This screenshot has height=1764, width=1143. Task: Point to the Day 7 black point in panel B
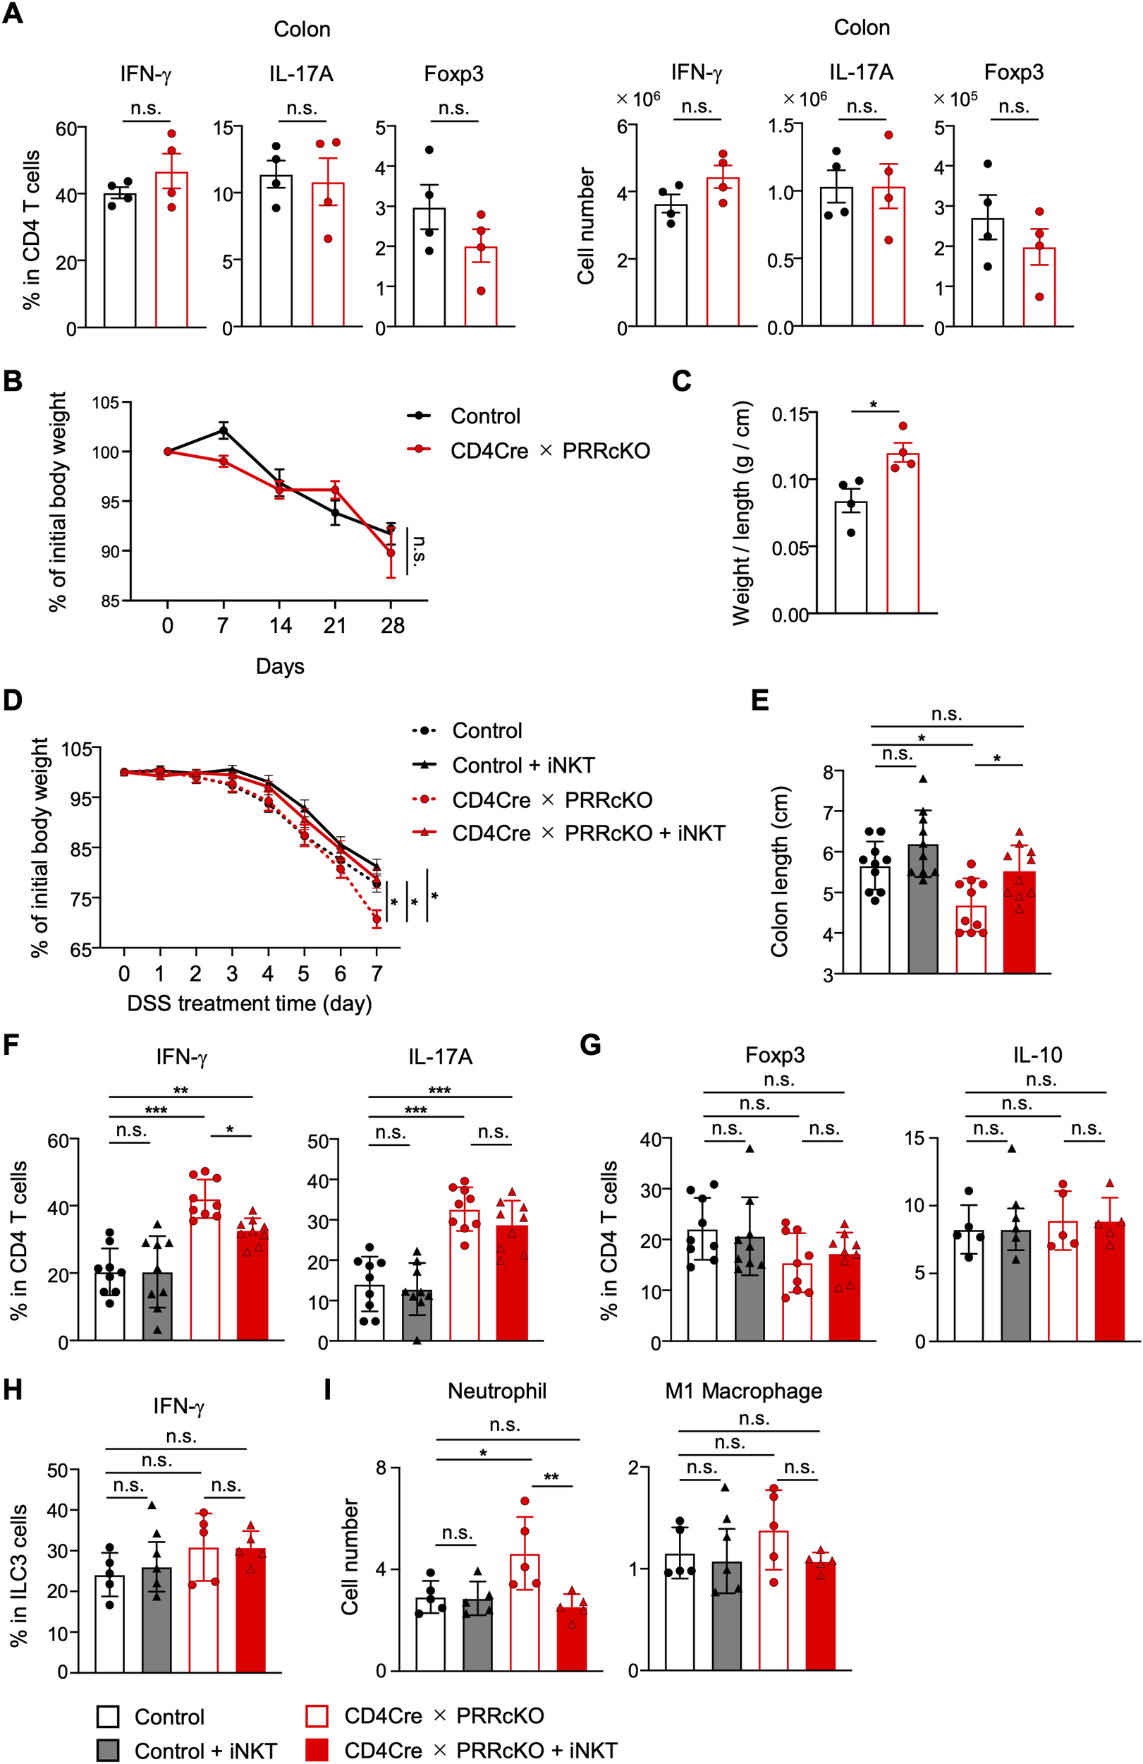[x=224, y=430]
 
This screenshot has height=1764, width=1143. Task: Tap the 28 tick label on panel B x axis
[x=392, y=627]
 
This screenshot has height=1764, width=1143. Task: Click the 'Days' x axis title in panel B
[x=280, y=666]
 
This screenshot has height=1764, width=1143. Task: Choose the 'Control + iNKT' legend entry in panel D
[x=523, y=765]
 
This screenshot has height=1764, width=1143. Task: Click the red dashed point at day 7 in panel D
[x=377, y=920]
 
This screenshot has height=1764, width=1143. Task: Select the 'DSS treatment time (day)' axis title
[x=249, y=1003]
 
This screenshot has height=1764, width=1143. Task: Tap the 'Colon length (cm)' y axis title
[x=779, y=871]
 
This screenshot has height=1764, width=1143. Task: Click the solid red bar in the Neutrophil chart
[x=572, y=1640]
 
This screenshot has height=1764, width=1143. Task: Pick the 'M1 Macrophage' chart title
[x=743, y=1391]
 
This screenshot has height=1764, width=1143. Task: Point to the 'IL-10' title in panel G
[x=1037, y=1055]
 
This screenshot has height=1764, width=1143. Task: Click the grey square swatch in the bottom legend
[x=108, y=1750]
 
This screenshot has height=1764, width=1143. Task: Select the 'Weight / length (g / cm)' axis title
[x=742, y=514]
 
